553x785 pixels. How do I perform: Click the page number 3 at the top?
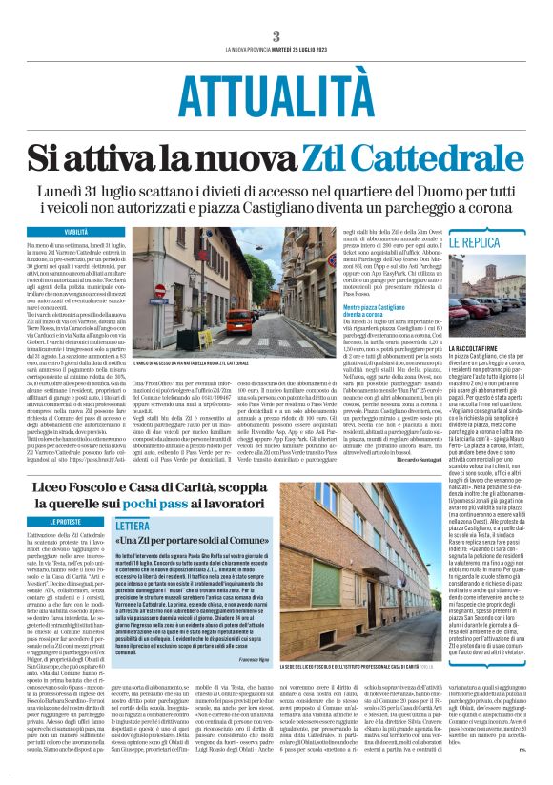click(x=276, y=36)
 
